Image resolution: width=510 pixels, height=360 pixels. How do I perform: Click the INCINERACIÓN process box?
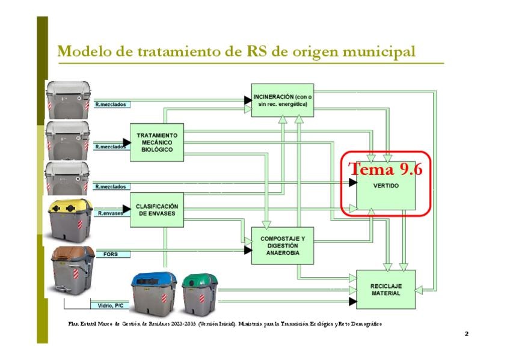pyautogui.click(x=283, y=100)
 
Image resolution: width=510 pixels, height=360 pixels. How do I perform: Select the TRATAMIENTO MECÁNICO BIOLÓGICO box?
pyautogui.click(x=156, y=142)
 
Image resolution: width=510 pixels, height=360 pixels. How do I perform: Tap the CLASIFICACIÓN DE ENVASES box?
pyautogui.click(x=156, y=210)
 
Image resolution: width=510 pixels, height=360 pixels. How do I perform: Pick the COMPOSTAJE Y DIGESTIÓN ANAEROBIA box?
pyautogui.click(x=283, y=245)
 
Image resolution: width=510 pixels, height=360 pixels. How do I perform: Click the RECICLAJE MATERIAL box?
pyautogui.click(x=386, y=289)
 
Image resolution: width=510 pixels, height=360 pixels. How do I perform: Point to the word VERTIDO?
pyautogui.click(x=386, y=186)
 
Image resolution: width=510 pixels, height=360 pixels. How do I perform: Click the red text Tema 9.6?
pyautogui.click(x=386, y=169)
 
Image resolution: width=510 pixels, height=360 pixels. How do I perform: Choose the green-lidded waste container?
pyautogui.click(x=200, y=293)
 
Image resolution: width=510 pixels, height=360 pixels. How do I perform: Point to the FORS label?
pyautogui.click(x=111, y=254)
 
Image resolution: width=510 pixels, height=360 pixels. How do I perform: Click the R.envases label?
pyautogui.click(x=111, y=213)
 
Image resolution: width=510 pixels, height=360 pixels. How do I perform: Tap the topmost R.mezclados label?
pyautogui.click(x=111, y=104)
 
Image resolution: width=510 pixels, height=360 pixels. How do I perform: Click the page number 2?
pyautogui.click(x=466, y=334)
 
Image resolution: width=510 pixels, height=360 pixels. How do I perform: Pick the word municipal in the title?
pyautogui.click(x=378, y=52)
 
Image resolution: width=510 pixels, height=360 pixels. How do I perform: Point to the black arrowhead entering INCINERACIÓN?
pyautogui.click(x=247, y=100)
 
